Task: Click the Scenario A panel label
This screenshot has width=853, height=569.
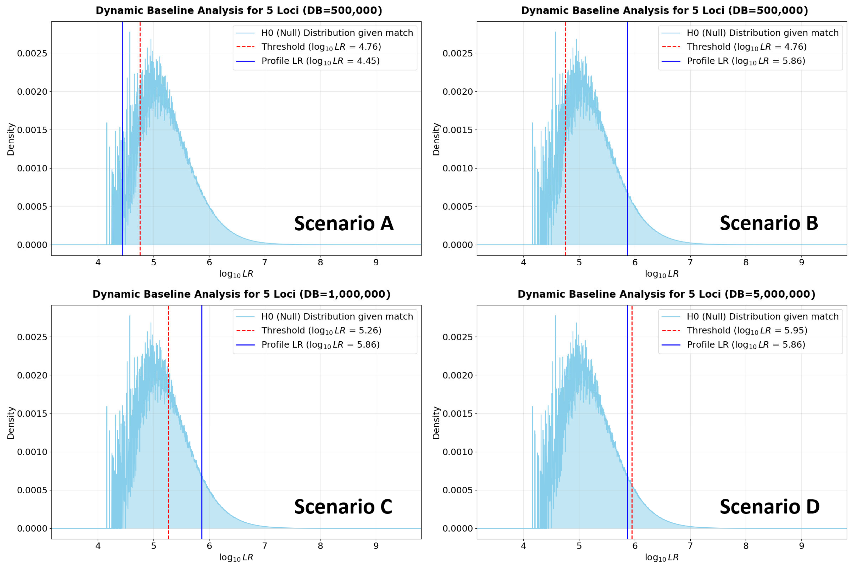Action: pos(344,223)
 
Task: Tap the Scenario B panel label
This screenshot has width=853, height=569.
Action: pos(769,223)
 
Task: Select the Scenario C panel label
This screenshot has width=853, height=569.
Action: pos(343,507)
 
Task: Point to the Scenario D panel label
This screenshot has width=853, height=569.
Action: pos(769,507)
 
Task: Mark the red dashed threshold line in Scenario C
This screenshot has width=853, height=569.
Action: pos(168,422)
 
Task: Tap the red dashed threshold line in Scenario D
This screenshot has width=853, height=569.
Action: pos(632,422)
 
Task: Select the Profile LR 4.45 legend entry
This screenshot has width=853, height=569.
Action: pos(308,61)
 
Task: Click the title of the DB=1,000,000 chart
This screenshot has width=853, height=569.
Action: pos(241,294)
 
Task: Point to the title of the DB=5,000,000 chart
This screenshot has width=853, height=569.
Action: pos(666,294)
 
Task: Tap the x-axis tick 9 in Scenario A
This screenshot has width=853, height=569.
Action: pos(376,262)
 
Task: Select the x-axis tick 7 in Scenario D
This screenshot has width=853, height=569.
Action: pos(690,546)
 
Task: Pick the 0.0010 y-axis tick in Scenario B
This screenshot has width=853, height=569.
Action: pos(458,168)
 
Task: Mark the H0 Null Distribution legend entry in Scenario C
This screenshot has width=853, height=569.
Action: pos(324,316)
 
